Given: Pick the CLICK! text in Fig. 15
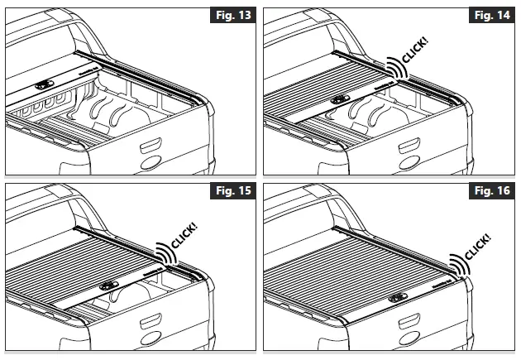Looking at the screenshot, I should pyautogui.click(x=183, y=231).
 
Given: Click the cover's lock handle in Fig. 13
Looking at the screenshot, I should pyautogui.click(x=43, y=85).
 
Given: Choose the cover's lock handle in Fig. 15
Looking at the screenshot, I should pyautogui.click(x=108, y=285).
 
